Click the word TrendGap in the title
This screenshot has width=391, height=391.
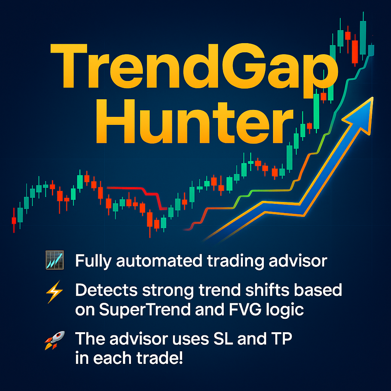point(194,70)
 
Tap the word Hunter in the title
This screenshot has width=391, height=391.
point(194,121)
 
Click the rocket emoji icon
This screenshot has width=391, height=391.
point(55,340)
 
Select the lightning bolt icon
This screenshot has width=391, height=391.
point(54,292)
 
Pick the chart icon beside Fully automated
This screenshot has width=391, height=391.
point(55,260)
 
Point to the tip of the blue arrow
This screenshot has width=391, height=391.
point(373,97)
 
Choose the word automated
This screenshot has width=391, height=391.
point(159,261)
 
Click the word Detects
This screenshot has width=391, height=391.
point(107,290)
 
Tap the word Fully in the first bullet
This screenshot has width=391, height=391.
point(93,261)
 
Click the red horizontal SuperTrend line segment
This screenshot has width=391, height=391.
point(125,188)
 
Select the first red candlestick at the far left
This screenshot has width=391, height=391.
point(14,220)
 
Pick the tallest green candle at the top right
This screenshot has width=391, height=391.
point(363,37)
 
